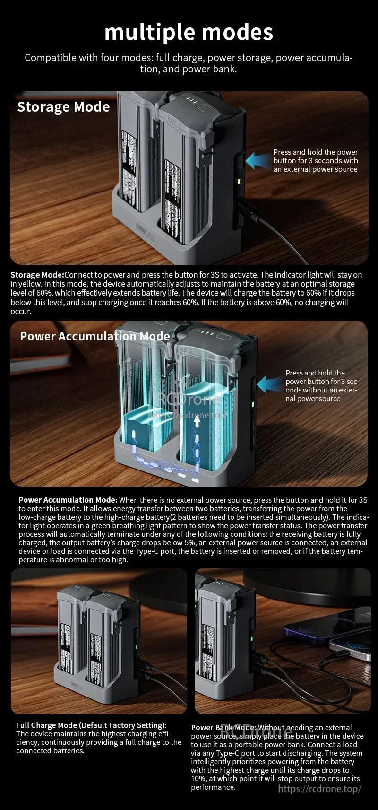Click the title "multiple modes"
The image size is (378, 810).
point(189,32)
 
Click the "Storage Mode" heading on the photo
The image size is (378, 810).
point(63,107)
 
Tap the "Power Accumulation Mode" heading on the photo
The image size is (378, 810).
point(94,336)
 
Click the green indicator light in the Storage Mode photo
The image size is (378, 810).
point(240,181)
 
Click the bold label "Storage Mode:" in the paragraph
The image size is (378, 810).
point(37,275)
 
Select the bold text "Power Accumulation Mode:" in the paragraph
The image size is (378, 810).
point(68,500)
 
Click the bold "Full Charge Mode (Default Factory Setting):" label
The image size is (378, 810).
point(91,725)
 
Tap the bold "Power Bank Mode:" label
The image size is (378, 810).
point(223,727)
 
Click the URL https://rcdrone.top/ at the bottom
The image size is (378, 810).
point(319,788)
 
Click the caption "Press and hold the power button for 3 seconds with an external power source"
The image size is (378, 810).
point(315,161)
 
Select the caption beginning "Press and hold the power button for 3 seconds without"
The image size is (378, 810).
point(322,385)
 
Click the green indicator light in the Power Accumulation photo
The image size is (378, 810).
point(253,404)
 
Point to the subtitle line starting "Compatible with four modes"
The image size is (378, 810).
point(189,63)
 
